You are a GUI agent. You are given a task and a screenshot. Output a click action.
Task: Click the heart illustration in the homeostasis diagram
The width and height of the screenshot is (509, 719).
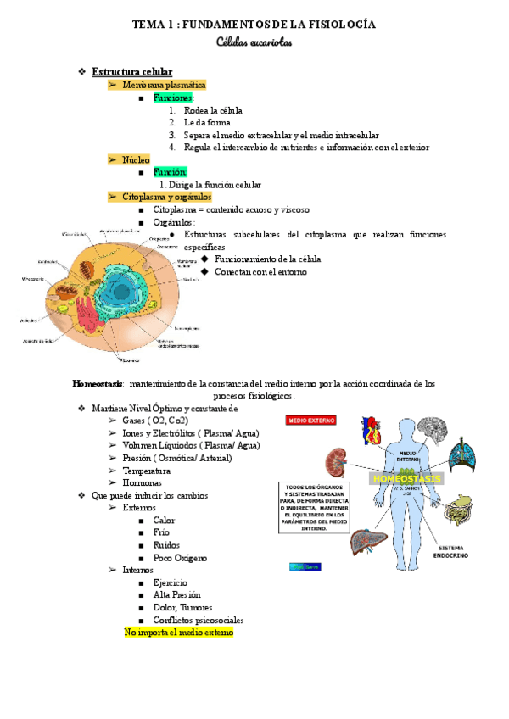371,430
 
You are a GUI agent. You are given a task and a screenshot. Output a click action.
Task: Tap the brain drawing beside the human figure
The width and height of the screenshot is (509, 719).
433,432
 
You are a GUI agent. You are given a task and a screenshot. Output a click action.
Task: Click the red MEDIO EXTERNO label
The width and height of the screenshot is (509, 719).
313,420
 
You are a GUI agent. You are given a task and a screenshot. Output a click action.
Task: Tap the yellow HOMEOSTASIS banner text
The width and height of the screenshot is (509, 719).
406,478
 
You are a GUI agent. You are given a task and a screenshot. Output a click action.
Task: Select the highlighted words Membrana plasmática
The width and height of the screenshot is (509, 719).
164,86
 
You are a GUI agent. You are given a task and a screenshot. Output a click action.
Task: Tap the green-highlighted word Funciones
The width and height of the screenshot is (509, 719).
173,98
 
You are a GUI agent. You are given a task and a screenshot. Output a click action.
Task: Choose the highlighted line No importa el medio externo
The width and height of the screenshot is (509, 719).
178,633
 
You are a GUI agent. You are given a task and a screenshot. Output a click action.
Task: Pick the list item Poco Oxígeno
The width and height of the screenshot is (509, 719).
180,558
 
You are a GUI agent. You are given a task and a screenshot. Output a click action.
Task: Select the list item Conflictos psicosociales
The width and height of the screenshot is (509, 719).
199,620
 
